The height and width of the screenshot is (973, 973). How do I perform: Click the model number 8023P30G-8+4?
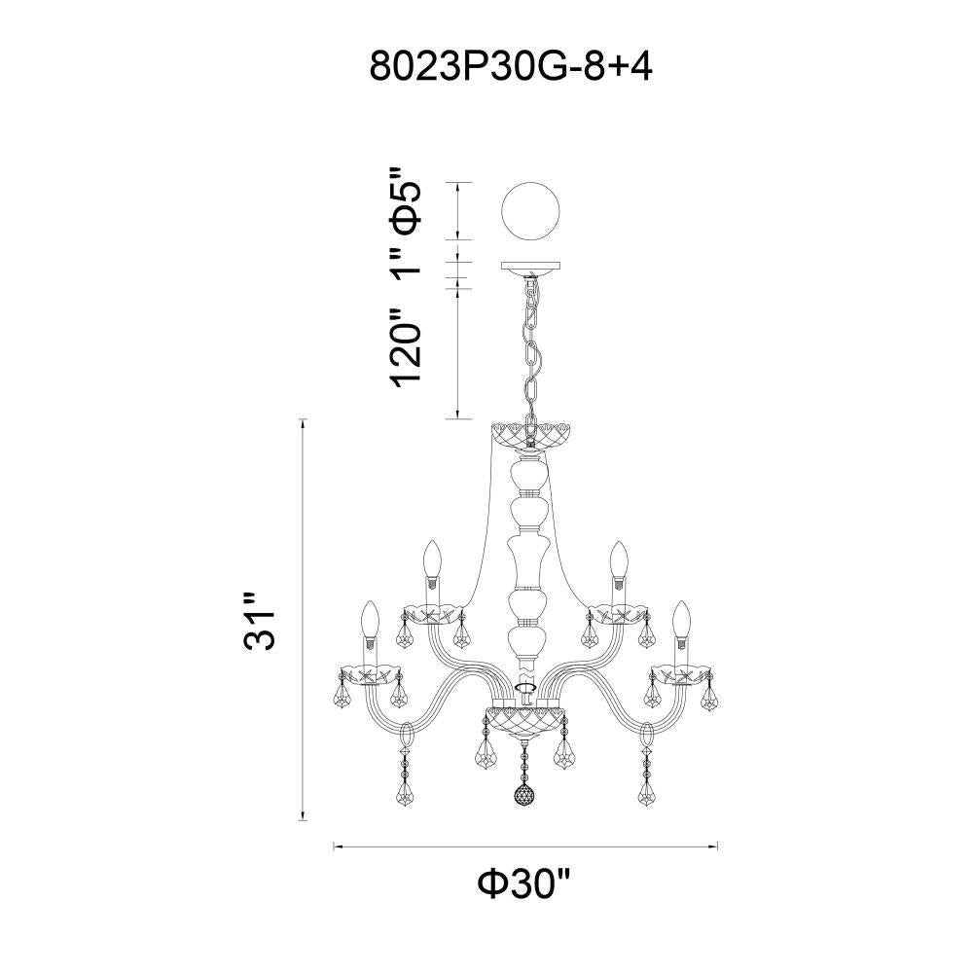(510, 66)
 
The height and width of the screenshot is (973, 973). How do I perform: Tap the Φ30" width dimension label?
(524, 884)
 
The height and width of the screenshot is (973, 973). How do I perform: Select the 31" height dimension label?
(259, 622)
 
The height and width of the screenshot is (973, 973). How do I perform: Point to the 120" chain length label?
(405, 347)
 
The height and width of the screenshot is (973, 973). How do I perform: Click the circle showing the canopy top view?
(530, 211)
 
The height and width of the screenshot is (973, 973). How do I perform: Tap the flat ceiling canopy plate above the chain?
(530, 267)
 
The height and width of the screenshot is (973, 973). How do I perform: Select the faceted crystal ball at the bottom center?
(525, 795)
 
